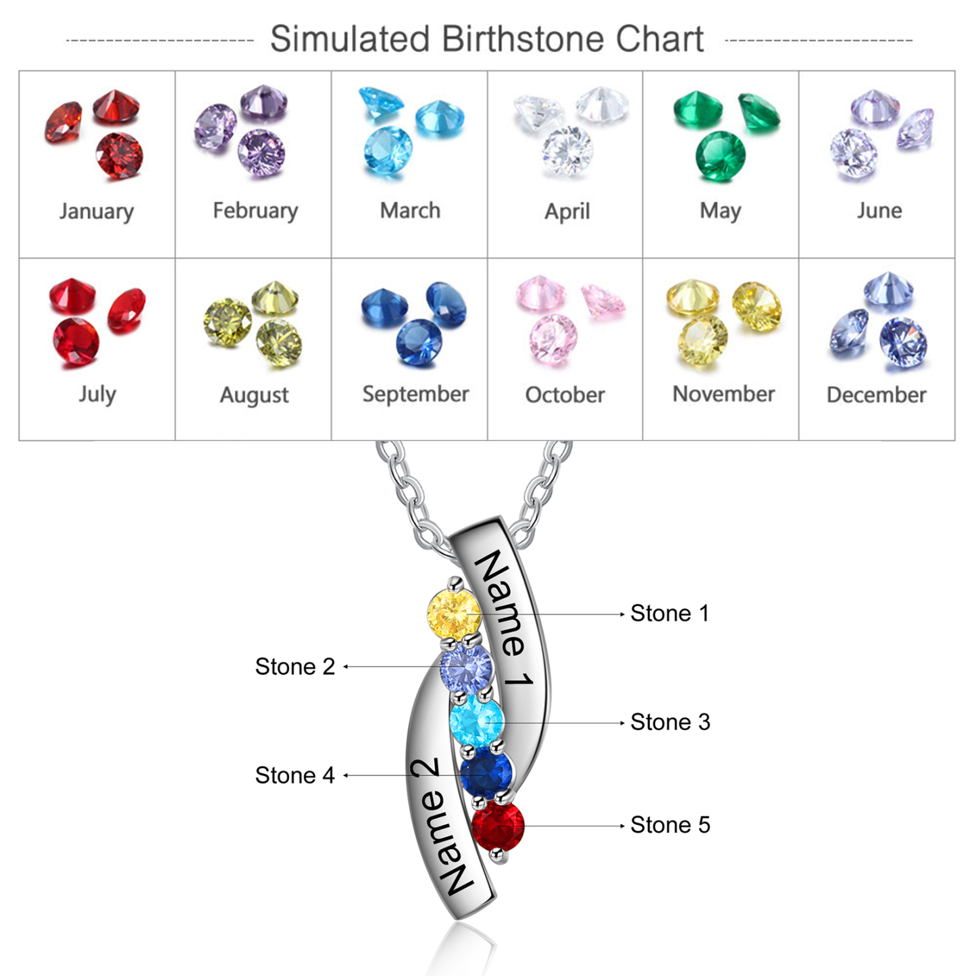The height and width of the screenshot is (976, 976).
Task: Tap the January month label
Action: pos(97,211)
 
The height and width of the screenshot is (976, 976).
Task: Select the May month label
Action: pos(720,211)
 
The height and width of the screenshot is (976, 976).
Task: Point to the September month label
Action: pos(415,394)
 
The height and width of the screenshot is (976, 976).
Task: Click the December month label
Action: pos(876,394)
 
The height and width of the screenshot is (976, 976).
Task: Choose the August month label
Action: pos(254,395)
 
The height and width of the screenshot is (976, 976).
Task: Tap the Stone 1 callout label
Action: pos(669,613)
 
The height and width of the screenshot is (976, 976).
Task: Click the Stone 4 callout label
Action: pos(294,775)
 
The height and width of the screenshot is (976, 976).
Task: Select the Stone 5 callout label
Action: pos(670,825)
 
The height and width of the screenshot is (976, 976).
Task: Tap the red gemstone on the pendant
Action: pos(498,826)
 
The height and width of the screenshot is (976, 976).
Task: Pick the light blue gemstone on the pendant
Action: pos(477,721)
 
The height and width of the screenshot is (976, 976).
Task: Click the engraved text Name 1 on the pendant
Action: pos(505,618)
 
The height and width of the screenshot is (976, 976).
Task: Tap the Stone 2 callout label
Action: pos(294,667)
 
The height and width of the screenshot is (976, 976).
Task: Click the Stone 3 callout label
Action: pos(670,722)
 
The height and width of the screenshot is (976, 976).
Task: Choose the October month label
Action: pos(565,394)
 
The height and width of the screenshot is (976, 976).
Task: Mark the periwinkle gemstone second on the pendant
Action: pos(466,667)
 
